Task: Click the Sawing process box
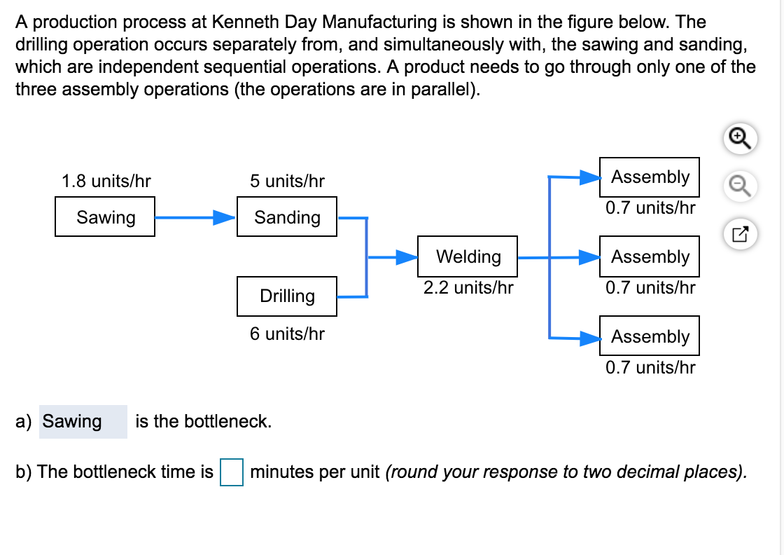(105, 217)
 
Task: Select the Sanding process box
(287, 217)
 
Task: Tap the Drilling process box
(287, 296)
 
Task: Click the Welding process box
(468, 256)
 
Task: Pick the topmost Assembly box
(650, 177)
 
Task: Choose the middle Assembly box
(650, 257)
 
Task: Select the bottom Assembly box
(650, 337)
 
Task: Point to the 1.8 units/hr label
(106, 181)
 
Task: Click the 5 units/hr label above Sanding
(287, 181)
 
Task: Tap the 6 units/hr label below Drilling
(287, 334)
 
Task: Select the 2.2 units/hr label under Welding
(468, 287)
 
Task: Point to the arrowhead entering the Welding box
(407, 257)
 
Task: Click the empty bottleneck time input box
(231, 472)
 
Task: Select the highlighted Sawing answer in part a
(73, 421)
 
